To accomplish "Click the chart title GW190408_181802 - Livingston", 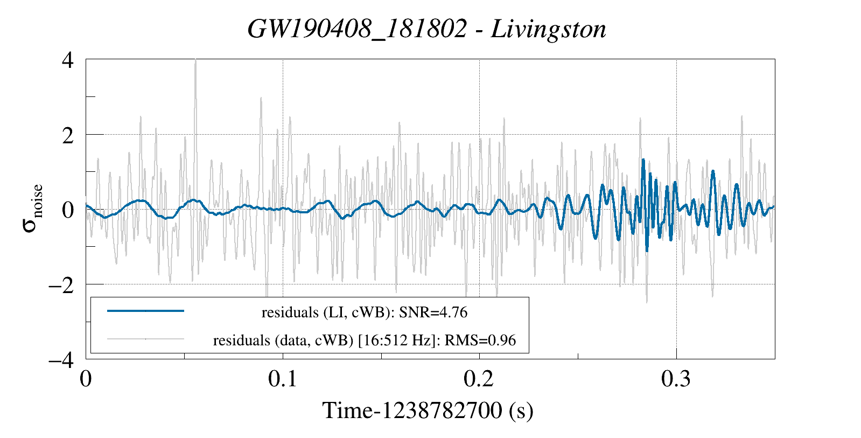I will pyautogui.click(x=426, y=29).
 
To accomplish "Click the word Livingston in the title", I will pyautogui.click(x=548, y=29).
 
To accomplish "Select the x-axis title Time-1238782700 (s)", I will pyautogui.click(x=428, y=411).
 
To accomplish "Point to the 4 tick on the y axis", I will pyautogui.click(x=68, y=60).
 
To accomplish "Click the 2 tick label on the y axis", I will pyautogui.click(x=68, y=135).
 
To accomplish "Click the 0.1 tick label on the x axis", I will pyautogui.click(x=283, y=379).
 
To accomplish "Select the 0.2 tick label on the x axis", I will pyautogui.click(x=479, y=379).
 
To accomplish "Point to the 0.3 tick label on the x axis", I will pyautogui.click(x=676, y=379).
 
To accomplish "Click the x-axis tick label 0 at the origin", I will pyautogui.click(x=86, y=379).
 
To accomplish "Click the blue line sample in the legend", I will pyautogui.click(x=146, y=311).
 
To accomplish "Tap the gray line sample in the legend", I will pyautogui.click(x=146, y=339).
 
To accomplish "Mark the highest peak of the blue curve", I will pyautogui.click(x=643, y=160).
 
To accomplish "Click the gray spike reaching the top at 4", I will pyautogui.click(x=195, y=61).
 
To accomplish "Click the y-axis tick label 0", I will pyautogui.click(x=68, y=210).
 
